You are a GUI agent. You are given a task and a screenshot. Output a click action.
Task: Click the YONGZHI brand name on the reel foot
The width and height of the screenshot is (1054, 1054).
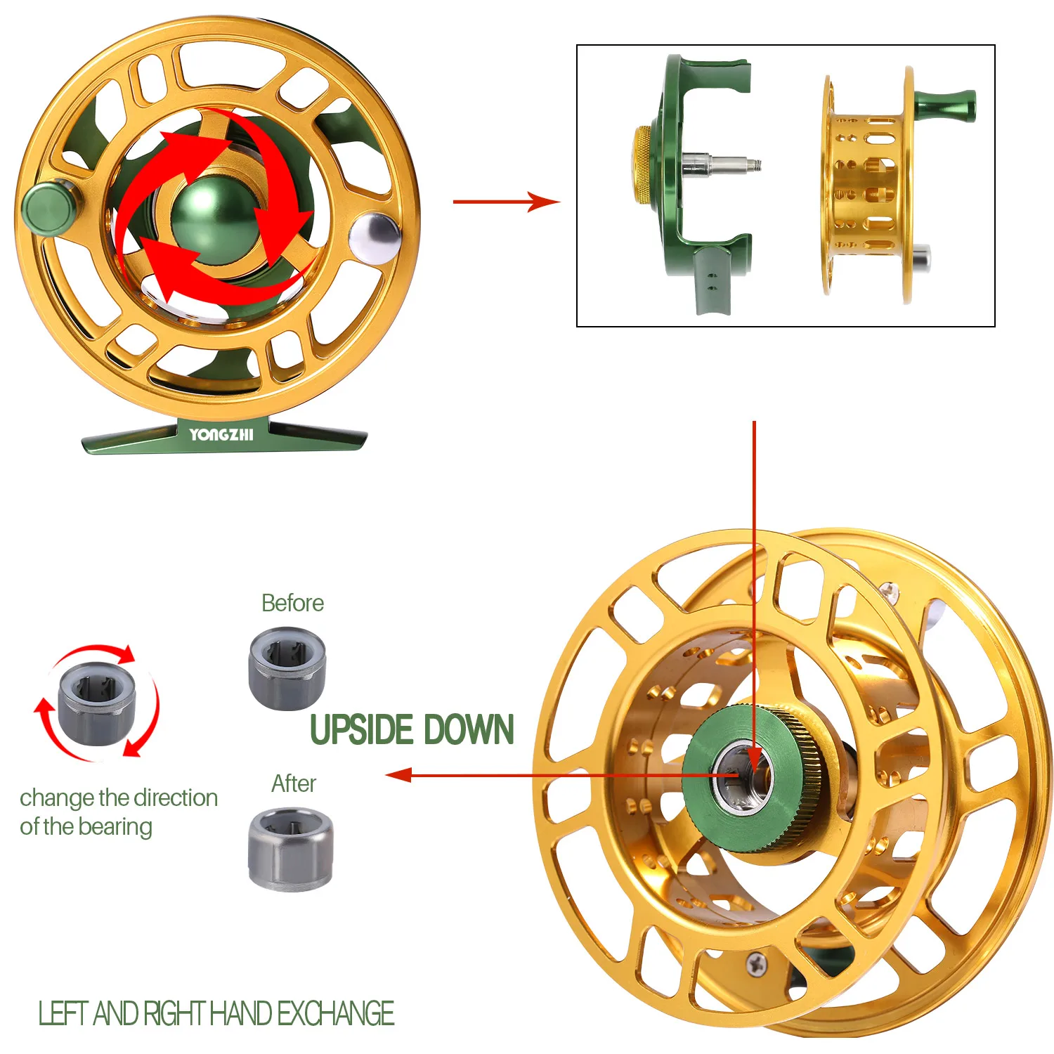[221, 434]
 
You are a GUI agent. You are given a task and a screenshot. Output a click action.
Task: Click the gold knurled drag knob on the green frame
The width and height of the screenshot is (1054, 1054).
[642, 167]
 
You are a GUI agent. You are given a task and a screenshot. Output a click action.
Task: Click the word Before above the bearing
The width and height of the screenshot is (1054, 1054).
[292, 603]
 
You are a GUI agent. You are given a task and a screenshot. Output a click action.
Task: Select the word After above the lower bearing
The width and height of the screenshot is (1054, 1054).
[294, 783]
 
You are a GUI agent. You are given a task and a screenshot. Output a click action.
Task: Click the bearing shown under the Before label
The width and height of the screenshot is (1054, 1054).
[287, 668]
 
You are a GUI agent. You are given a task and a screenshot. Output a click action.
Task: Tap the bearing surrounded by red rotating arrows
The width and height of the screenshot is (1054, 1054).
[97, 703]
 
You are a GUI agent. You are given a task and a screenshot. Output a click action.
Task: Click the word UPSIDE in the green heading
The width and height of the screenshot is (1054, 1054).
[361, 729]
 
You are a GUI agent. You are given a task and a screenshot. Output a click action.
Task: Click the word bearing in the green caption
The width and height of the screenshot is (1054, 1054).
[116, 827]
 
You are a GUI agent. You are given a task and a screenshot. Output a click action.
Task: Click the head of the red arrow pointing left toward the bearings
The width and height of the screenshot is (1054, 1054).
[398, 775]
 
